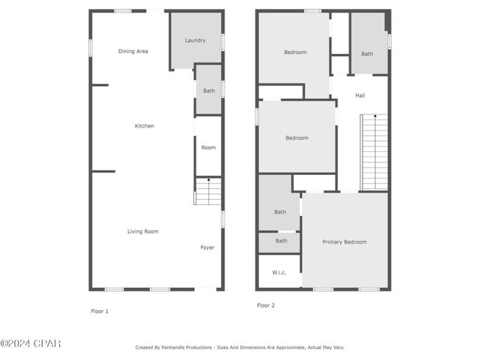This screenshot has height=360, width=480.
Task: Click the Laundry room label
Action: click(x=195, y=41)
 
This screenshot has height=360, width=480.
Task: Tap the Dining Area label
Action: click(x=133, y=52)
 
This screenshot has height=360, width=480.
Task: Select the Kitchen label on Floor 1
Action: click(x=145, y=126)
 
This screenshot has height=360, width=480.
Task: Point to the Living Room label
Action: click(x=143, y=232)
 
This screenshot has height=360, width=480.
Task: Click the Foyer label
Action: click(x=208, y=247)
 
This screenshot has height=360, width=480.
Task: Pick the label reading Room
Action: click(x=208, y=148)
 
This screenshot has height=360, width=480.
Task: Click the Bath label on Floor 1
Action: click(x=209, y=91)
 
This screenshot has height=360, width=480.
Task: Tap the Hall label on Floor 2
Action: click(x=360, y=95)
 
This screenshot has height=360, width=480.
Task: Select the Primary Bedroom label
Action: click(x=345, y=242)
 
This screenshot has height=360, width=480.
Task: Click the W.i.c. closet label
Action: click(x=279, y=272)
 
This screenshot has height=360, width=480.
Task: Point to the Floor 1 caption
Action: click(x=100, y=311)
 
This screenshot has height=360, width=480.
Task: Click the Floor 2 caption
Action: click(x=266, y=305)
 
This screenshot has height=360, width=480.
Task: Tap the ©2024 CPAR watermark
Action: click(x=30, y=344)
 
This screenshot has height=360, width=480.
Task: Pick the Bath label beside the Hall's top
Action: click(x=367, y=54)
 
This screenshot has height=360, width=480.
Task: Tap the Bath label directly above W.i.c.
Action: click(x=281, y=241)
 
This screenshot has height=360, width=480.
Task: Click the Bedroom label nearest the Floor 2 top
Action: click(x=295, y=52)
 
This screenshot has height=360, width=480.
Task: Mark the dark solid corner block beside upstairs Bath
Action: click(x=388, y=21)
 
